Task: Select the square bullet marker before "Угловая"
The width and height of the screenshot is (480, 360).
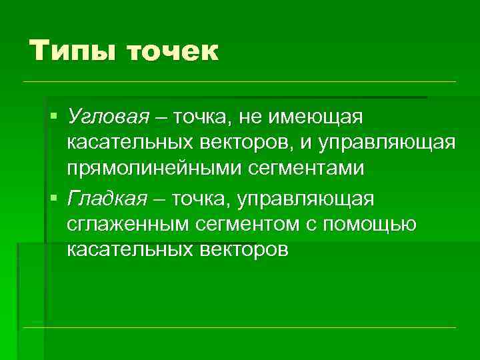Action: (54, 118)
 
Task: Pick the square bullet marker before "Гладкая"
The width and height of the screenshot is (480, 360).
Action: (54, 198)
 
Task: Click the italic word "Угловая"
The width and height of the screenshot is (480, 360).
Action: (107, 118)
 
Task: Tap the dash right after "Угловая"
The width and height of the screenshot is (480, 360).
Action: (160, 118)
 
